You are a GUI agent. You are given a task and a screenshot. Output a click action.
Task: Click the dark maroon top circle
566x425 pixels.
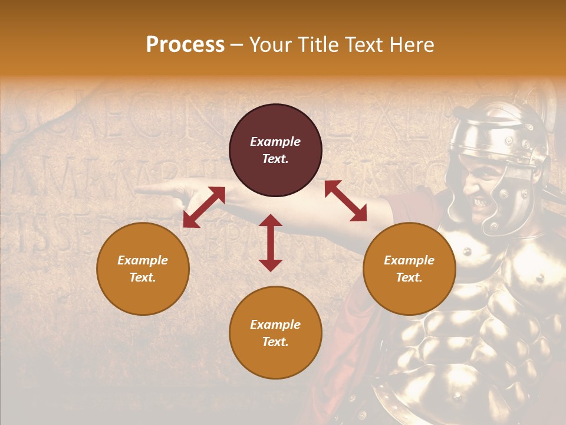tap(275, 151)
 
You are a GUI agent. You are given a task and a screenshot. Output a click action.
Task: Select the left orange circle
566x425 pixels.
tap(143, 269)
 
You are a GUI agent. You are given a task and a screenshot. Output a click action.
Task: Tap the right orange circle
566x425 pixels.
tap(409, 269)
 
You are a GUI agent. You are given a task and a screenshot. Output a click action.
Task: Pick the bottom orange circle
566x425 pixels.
tap(275, 333)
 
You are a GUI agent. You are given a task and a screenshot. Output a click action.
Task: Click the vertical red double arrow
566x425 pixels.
tap(271, 243)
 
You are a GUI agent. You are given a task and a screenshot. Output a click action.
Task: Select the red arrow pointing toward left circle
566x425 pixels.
tap(204, 207)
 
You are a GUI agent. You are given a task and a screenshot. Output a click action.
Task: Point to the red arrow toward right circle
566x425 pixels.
tap(345, 201)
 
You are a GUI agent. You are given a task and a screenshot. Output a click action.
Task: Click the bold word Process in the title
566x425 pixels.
tap(185, 44)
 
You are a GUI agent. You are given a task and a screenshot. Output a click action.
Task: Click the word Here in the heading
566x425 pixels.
tap(413, 44)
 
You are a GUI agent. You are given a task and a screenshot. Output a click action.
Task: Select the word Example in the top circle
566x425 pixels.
tap(275, 142)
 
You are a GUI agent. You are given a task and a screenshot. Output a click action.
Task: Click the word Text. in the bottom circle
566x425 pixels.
tap(275, 342)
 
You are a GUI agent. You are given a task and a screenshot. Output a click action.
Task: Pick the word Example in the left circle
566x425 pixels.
tap(143, 260)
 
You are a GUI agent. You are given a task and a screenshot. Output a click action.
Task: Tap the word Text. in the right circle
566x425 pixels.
tap(409, 277)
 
